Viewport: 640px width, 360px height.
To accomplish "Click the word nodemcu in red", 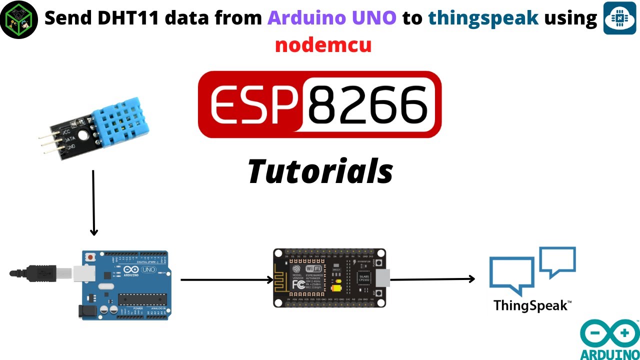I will point(323,45).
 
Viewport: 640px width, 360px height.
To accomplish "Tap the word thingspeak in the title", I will point(483,18).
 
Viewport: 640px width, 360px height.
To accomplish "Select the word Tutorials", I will point(320,171).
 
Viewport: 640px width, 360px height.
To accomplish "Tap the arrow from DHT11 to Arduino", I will point(93,202).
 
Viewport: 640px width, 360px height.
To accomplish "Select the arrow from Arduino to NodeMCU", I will point(226,279).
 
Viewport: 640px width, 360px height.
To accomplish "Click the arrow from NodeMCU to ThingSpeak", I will point(432,279).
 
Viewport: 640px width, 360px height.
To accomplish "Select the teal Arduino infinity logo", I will point(609,333).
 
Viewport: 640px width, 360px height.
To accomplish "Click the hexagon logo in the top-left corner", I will point(19,19).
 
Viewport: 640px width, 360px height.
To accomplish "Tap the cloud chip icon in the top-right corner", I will point(619,17).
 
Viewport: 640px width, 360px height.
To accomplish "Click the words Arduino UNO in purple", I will point(332,18).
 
